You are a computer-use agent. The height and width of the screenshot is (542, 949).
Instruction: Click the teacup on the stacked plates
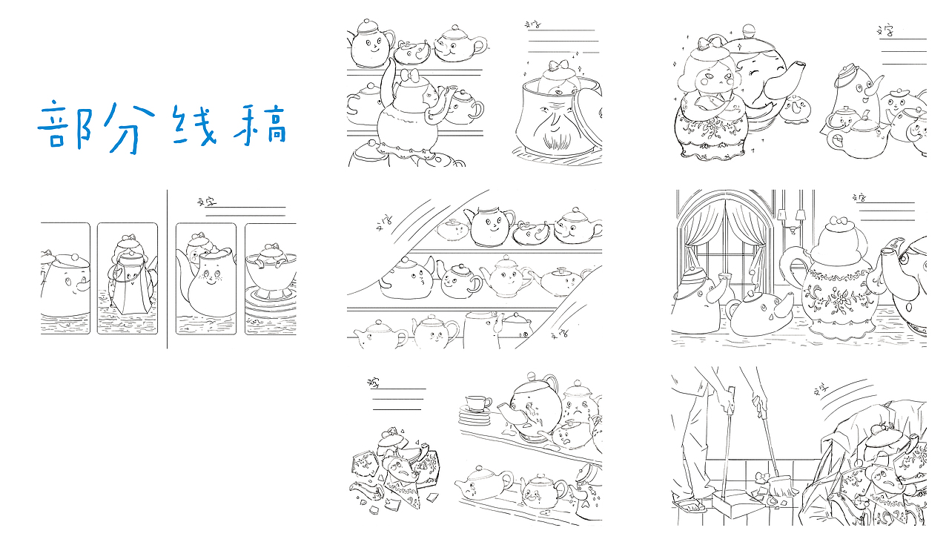[x=477, y=405]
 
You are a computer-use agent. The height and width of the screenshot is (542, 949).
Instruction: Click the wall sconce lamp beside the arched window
[x=799, y=217]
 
